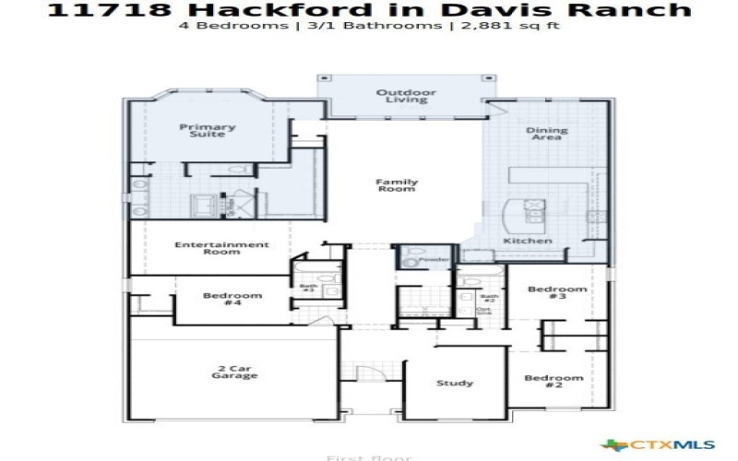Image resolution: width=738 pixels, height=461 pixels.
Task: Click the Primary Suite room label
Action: coord(208,131)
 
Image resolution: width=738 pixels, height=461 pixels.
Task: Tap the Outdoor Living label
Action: coord(406,96)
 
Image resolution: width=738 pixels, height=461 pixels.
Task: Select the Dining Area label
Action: coord(547,134)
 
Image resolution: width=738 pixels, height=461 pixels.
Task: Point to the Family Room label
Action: coord(396,184)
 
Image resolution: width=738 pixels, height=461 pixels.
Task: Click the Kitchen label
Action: coord(528,241)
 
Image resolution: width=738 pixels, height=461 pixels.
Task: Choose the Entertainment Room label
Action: coord(222,248)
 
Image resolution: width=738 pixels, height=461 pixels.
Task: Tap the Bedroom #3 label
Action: coord(557,293)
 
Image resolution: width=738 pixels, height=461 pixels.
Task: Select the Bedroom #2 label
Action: coord(554,382)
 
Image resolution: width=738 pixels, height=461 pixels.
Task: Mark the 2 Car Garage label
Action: coord(232,372)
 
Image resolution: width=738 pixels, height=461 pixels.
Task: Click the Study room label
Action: coord(455,383)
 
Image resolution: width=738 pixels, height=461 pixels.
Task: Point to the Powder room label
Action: coord(434,261)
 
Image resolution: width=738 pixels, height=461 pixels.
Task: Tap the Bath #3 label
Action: coord(308,289)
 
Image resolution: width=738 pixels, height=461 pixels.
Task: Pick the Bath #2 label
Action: coord(489,299)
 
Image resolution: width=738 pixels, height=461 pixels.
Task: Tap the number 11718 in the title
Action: coord(92,9)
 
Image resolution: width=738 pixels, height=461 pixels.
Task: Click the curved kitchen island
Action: coord(508,219)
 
